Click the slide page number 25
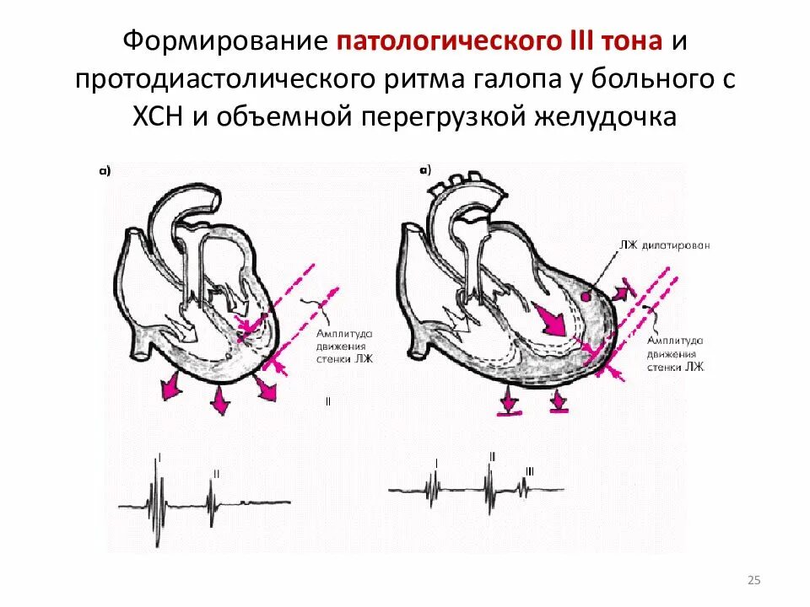[754, 579]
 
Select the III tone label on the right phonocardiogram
[530, 470]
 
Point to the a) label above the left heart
[105, 171]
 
